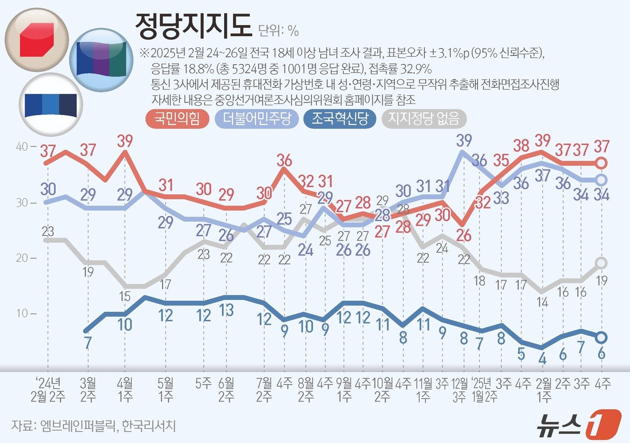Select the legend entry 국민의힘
177,119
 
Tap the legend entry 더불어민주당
257,119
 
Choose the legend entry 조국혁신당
340,119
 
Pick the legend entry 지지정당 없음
423,119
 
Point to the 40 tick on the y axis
22,147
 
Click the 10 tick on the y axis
22,313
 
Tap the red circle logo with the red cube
37,40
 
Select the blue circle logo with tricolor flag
101,60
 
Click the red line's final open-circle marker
602,163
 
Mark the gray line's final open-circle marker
602,263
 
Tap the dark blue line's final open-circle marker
602,337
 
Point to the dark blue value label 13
226,310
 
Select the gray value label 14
542,302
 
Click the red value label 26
463,235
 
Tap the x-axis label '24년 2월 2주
48,389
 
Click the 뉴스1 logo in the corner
578,424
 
